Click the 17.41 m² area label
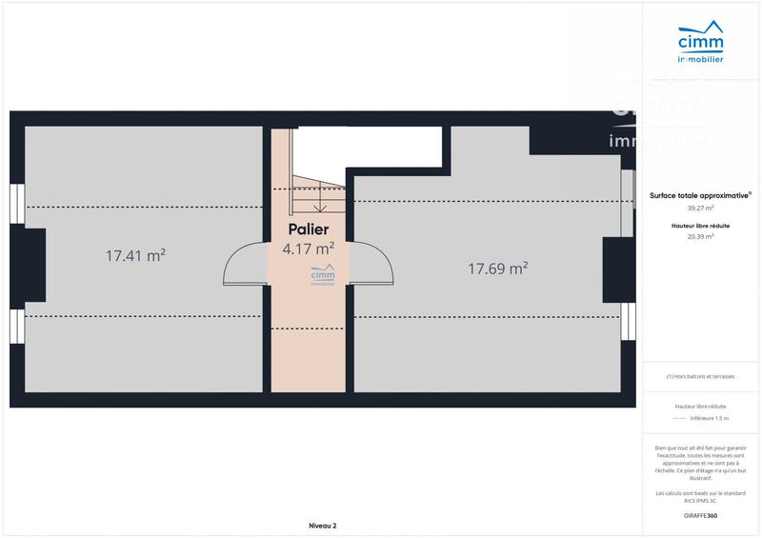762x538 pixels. tap(136, 255)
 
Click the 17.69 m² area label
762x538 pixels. tap(497, 269)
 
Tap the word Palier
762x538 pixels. tap(309, 229)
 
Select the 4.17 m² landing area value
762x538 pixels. tap(309, 249)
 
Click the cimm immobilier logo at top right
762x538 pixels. tap(700, 46)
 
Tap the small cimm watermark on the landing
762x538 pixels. tap(323, 273)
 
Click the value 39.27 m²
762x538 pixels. tap(700, 208)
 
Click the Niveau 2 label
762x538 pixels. tap(323, 526)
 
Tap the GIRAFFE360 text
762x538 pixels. tap(700, 515)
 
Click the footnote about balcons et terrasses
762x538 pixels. tap(700, 376)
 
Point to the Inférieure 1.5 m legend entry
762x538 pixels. tap(709, 418)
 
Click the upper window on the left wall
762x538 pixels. tap(16, 207)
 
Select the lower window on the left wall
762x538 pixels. tap(16, 325)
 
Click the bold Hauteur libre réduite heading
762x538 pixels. tap(700, 226)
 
